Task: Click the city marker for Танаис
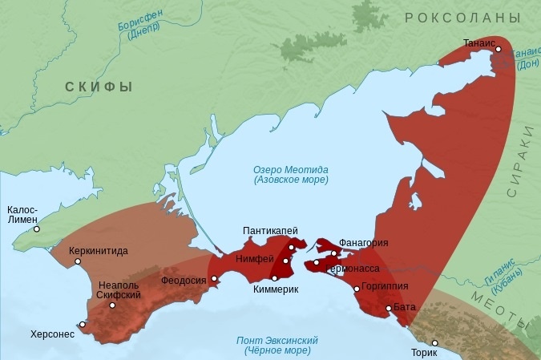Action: (499, 49)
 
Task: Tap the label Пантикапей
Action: (271, 231)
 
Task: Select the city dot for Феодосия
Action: (215, 279)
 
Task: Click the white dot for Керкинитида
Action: (77, 261)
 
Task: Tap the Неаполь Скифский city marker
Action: (112, 305)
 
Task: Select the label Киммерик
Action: (275, 289)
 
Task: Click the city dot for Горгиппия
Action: (357, 289)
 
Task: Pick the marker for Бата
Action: (389, 308)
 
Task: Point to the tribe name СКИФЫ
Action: (99, 87)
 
